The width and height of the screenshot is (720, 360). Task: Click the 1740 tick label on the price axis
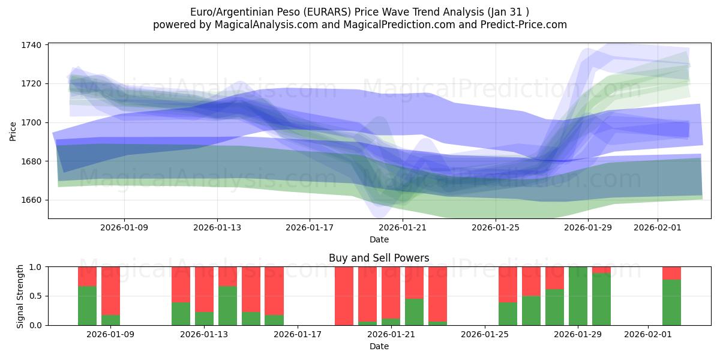point(31,45)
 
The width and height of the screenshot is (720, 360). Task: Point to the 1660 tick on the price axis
point(31,200)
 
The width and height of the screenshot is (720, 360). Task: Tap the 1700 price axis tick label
point(31,122)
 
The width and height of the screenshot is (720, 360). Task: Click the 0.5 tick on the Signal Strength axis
point(35,296)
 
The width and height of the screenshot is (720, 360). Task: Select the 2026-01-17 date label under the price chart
point(309,227)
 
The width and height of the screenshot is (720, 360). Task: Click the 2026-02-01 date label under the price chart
point(658,227)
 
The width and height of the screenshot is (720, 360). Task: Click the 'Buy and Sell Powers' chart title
point(379,258)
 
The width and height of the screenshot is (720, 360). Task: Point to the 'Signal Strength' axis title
point(20,296)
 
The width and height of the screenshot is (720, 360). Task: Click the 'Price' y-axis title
point(13,130)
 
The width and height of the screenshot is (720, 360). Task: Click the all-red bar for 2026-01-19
point(344,296)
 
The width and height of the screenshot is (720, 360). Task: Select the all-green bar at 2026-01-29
point(578,296)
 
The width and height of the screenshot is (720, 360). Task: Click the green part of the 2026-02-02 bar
point(671,302)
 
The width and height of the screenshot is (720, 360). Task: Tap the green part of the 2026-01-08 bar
point(87,305)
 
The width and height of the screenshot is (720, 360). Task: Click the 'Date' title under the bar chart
point(379,346)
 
